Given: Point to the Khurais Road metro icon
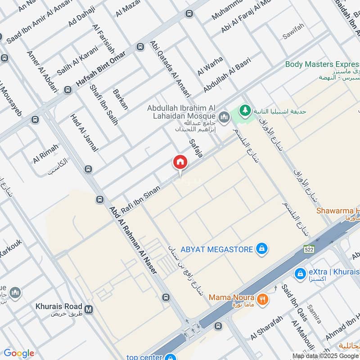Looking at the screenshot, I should [x=89, y=310].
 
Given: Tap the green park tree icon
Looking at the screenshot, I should [x=245, y=110].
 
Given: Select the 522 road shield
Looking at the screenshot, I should [x=308, y=249].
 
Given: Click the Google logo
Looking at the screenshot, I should [x=18, y=353].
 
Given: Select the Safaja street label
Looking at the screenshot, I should [x=197, y=147].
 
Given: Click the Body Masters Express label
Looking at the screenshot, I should [x=323, y=64].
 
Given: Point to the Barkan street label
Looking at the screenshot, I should [x=121, y=99].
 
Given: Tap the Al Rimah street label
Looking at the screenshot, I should [x=45, y=154].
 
